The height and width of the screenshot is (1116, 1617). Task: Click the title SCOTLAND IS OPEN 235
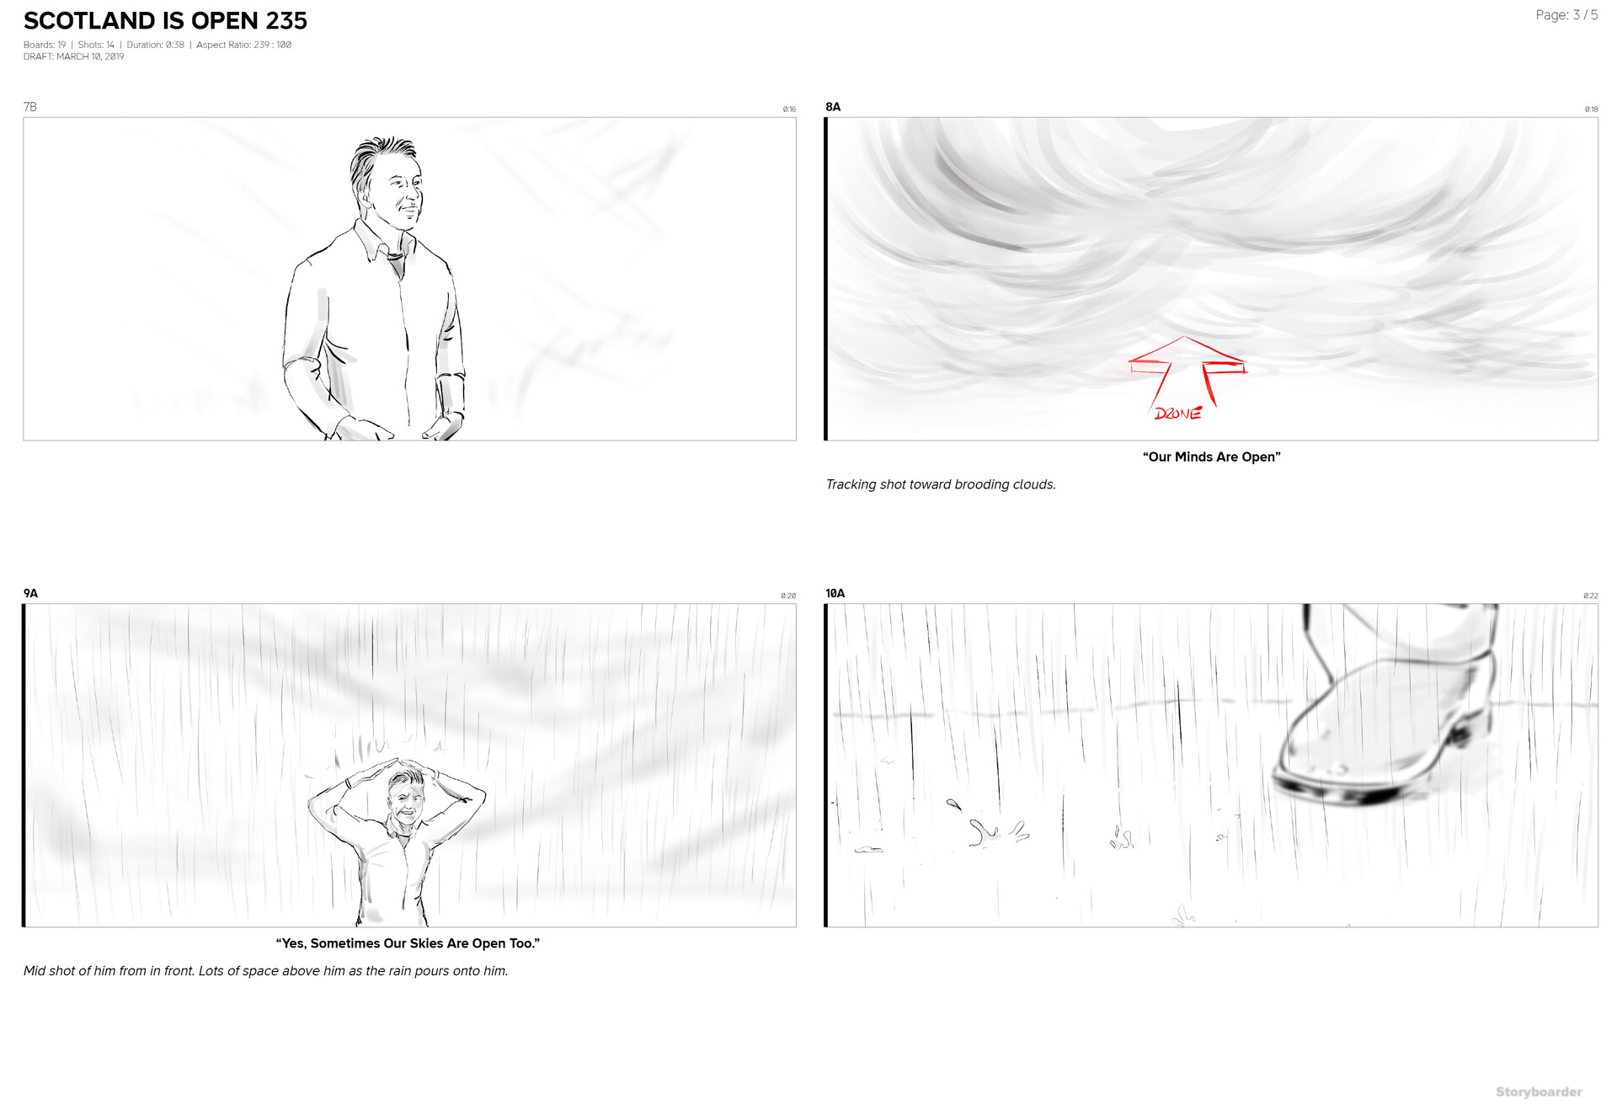(165, 21)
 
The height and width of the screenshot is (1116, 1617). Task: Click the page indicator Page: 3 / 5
(1566, 15)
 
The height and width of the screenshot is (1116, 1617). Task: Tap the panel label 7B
(30, 107)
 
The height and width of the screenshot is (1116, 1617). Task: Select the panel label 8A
(833, 107)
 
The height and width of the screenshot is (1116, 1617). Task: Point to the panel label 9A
(31, 594)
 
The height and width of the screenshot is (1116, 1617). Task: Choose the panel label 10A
(835, 594)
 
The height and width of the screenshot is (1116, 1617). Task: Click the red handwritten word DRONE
(1177, 414)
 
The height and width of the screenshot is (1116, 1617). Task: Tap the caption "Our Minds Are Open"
(1211, 457)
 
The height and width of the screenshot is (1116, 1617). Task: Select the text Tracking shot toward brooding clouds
(941, 484)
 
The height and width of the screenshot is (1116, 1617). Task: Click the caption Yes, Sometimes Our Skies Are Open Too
(408, 943)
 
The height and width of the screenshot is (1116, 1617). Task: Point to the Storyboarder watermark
(1539, 1092)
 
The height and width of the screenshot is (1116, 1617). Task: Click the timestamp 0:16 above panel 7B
(789, 109)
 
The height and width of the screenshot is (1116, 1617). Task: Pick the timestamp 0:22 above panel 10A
(1590, 596)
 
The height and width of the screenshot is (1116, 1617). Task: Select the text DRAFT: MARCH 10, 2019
(74, 57)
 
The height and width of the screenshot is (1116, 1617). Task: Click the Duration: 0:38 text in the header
(155, 45)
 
